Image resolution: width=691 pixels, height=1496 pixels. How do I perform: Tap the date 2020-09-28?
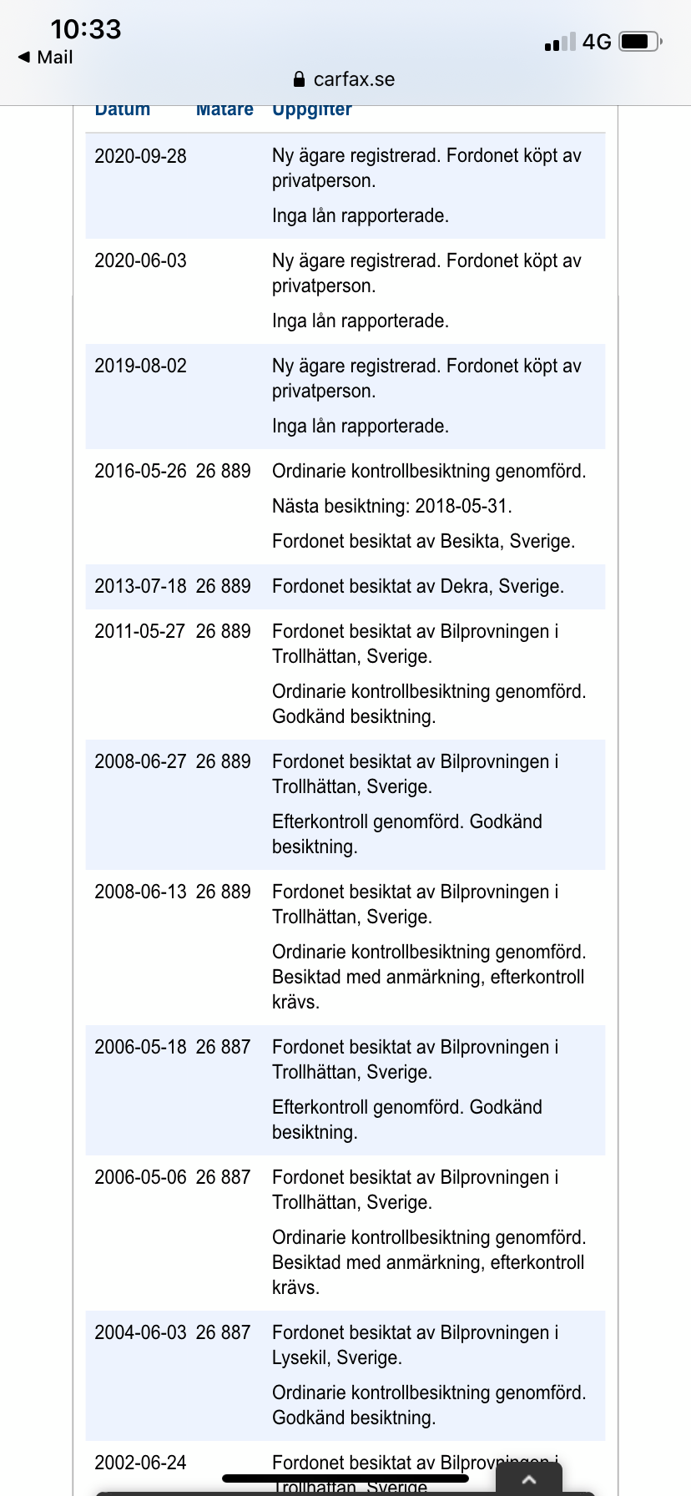click(x=140, y=156)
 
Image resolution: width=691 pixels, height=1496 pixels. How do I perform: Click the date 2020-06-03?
click(x=140, y=261)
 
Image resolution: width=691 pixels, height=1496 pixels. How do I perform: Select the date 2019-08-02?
click(x=140, y=366)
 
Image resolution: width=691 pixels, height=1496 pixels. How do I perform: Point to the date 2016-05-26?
click(x=140, y=472)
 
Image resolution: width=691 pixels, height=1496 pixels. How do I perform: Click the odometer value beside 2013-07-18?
click(x=223, y=587)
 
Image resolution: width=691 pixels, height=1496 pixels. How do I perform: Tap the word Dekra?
click(x=464, y=587)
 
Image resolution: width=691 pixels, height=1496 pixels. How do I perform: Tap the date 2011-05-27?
click(x=140, y=632)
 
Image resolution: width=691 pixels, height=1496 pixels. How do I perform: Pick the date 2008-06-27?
click(x=140, y=762)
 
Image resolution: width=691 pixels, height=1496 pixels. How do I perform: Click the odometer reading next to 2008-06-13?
click(x=223, y=892)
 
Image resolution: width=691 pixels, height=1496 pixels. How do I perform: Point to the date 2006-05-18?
click(x=140, y=1048)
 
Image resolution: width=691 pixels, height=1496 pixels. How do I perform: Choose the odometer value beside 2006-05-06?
click(x=223, y=1178)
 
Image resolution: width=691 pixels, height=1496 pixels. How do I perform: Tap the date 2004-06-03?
click(x=140, y=1333)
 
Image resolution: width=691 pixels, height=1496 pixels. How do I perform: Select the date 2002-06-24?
click(x=140, y=1463)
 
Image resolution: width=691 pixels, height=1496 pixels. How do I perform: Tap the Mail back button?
click(x=46, y=58)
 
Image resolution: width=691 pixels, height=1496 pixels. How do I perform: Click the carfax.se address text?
click(x=354, y=80)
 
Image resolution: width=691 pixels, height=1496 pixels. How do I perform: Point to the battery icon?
click(x=640, y=42)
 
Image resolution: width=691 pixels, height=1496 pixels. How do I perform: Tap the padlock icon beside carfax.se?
click(x=300, y=80)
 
